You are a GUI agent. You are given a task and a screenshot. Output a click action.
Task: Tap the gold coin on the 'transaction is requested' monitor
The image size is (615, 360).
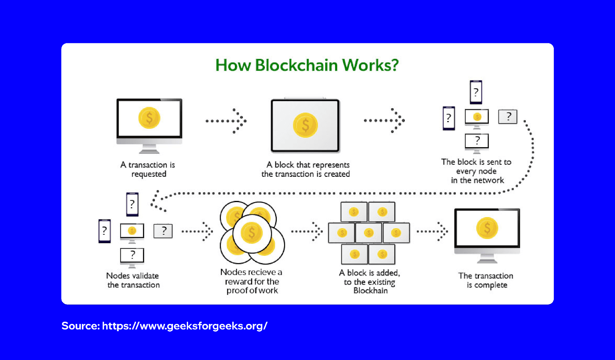(149, 118)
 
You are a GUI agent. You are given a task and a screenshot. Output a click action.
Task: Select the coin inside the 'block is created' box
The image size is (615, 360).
(305, 125)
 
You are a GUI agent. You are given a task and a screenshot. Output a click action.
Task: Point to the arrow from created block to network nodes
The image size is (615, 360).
(384, 121)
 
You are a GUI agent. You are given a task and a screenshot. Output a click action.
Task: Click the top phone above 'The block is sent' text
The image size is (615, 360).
(476, 92)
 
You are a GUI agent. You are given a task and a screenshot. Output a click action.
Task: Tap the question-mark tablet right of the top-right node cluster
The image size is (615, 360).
(507, 116)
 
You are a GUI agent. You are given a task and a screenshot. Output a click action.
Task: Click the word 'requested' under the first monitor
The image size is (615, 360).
(149, 174)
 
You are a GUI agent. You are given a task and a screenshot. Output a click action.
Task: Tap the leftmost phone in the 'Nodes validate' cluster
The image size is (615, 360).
(105, 231)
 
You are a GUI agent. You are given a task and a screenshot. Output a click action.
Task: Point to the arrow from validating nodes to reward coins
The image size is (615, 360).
(197, 231)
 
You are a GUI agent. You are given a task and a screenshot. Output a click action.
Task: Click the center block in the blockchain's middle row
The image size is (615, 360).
(369, 233)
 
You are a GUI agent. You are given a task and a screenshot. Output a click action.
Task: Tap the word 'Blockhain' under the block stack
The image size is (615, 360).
(370, 291)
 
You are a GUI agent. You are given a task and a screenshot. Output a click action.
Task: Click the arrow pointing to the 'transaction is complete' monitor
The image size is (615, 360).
(432, 231)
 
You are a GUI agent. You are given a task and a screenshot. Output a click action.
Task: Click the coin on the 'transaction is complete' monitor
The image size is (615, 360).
(487, 228)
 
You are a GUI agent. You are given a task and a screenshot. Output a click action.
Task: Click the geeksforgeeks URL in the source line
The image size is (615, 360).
(184, 326)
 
